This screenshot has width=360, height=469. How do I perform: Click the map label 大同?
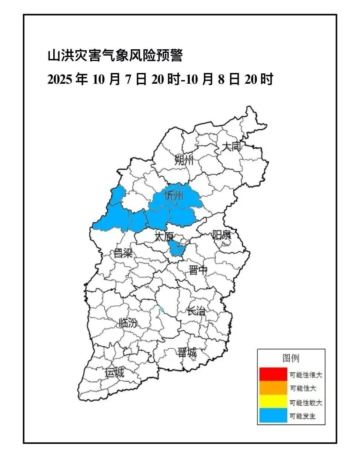(231, 146)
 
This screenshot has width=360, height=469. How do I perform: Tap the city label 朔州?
(184, 160)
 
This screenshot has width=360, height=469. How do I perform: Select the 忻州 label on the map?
(174, 195)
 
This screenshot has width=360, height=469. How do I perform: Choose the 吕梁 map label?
(123, 253)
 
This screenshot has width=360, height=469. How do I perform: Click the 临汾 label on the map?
(128, 323)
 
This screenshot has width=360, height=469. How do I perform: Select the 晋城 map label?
(187, 352)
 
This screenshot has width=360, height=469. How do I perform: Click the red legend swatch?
(273, 374)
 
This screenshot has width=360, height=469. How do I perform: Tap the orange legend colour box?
(273, 388)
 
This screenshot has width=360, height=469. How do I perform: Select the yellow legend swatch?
(273, 402)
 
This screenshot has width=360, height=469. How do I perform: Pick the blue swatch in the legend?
(273, 416)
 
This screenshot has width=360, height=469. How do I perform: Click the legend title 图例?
(291, 358)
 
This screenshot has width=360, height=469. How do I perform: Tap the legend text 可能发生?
(303, 416)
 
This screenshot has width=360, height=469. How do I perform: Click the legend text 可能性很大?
(306, 375)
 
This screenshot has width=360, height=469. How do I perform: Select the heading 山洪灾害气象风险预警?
(115, 56)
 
